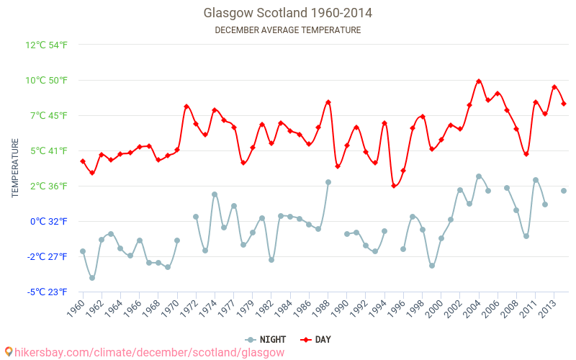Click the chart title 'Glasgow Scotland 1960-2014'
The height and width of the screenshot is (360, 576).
288,13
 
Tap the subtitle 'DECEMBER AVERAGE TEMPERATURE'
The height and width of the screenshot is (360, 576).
288,30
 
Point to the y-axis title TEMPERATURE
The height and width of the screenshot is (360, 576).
15,168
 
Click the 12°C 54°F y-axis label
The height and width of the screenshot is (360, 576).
47,45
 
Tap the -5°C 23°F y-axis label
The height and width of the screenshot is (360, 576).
48,292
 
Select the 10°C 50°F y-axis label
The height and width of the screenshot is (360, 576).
47,80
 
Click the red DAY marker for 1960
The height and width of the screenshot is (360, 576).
83,161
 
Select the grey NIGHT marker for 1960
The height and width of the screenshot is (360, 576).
83,251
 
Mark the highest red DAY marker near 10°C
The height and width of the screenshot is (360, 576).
479,81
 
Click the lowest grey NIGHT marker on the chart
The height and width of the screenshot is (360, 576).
92,278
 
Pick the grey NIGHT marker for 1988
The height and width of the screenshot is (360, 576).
328,182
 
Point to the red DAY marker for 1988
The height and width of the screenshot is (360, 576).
328,102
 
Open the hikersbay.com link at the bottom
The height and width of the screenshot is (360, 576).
144,352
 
